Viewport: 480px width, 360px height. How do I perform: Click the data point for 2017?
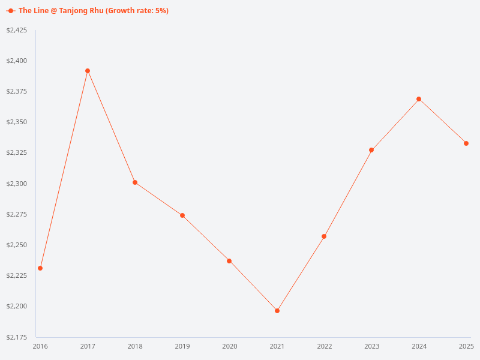(x=88, y=71)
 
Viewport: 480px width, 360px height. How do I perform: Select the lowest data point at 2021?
(x=277, y=311)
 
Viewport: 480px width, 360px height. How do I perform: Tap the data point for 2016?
(x=40, y=268)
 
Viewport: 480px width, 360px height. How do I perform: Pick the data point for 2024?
(x=419, y=99)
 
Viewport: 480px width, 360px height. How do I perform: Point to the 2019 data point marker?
(x=182, y=215)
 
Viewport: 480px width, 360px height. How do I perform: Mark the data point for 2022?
(x=324, y=236)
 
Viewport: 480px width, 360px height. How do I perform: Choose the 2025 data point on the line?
(x=466, y=143)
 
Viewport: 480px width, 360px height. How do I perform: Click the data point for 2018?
(x=135, y=182)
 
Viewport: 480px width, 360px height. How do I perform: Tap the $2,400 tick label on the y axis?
(x=17, y=61)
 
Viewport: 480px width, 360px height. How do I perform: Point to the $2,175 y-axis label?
(x=17, y=337)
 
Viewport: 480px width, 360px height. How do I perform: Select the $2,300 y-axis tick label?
(x=17, y=184)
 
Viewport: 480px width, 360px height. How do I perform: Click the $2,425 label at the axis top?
(x=17, y=30)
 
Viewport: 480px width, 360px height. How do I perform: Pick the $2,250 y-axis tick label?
(x=17, y=245)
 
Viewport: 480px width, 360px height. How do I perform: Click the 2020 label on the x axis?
(x=230, y=346)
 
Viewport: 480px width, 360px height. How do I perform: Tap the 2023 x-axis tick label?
(x=372, y=346)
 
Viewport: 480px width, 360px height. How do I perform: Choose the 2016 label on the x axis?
(x=40, y=346)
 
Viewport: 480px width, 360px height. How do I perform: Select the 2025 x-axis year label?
(x=466, y=346)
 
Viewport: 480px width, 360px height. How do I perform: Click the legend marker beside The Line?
(x=11, y=11)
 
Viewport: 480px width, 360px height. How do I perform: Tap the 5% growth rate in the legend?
(x=161, y=11)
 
